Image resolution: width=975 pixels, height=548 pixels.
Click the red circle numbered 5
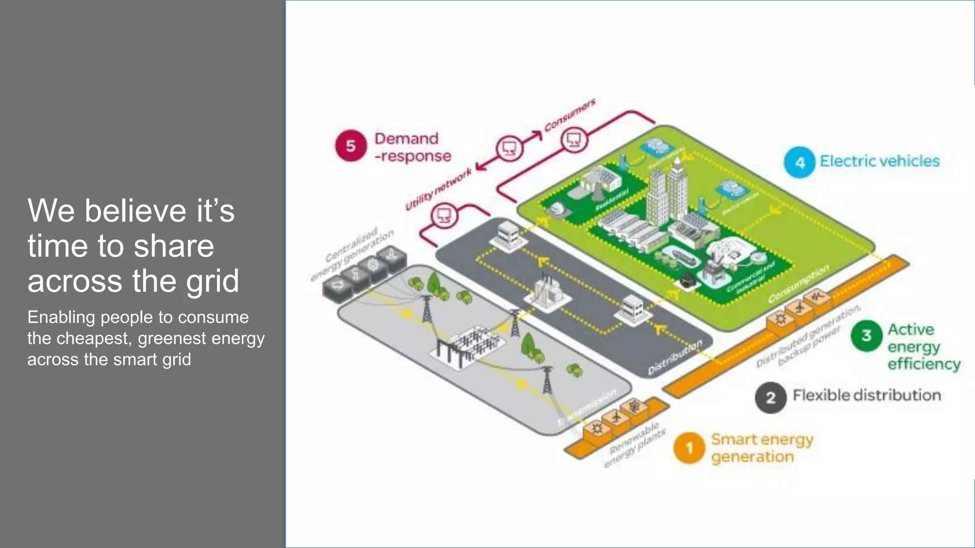tap(351, 146)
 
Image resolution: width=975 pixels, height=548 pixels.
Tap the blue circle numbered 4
tap(800, 162)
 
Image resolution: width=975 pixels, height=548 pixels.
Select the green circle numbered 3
tap(866, 335)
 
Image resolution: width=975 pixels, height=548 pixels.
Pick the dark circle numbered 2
tap(770, 397)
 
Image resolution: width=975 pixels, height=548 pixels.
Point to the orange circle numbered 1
tap(689, 448)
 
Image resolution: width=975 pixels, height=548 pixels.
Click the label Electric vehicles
tap(879, 161)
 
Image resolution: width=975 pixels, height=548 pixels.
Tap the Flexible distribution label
tap(866, 395)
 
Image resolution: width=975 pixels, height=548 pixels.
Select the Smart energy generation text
tap(761, 448)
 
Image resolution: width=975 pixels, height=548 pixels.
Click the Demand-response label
tap(412, 147)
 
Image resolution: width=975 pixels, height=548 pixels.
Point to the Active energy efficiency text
tap(923, 346)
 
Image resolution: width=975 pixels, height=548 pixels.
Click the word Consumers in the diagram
tap(570, 115)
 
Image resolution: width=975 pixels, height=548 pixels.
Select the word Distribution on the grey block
tap(675, 357)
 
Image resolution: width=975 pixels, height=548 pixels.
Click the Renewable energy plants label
tap(635, 444)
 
